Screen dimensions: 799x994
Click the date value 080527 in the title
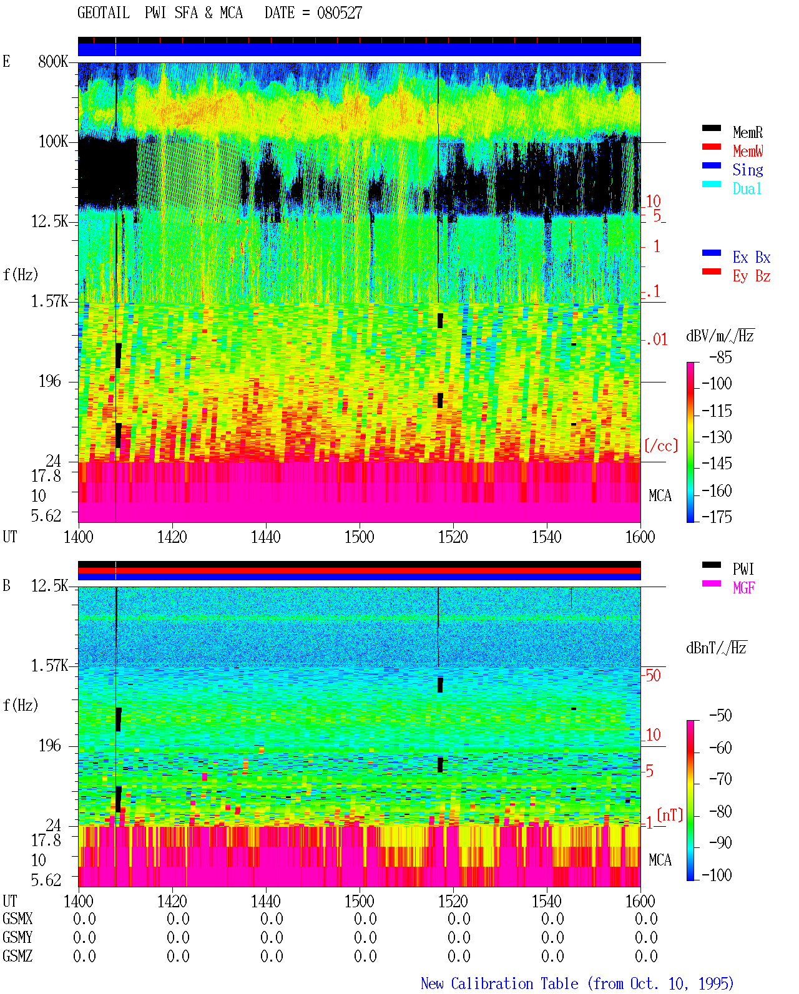point(339,13)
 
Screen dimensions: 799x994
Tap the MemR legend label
point(747,132)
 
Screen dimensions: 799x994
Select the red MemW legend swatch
point(711,147)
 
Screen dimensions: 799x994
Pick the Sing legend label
point(747,170)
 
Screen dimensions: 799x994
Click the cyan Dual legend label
point(747,188)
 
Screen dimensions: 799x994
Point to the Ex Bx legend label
point(751,257)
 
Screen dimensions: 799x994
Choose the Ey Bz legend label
point(751,276)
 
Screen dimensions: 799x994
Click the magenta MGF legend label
point(743,588)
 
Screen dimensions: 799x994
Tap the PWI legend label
point(743,569)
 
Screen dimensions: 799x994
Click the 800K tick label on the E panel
point(53,61)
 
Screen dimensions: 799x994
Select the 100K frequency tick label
point(53,142)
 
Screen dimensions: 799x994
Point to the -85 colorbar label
point(720,357)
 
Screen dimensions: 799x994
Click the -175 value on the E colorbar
point(717,517)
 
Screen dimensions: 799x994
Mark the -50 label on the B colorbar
point(720,716)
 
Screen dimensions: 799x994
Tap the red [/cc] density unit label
point(661,446)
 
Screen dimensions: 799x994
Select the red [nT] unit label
point(670,815)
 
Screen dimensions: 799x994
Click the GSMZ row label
point(17,956)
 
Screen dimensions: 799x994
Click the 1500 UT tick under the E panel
point(359,537)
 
